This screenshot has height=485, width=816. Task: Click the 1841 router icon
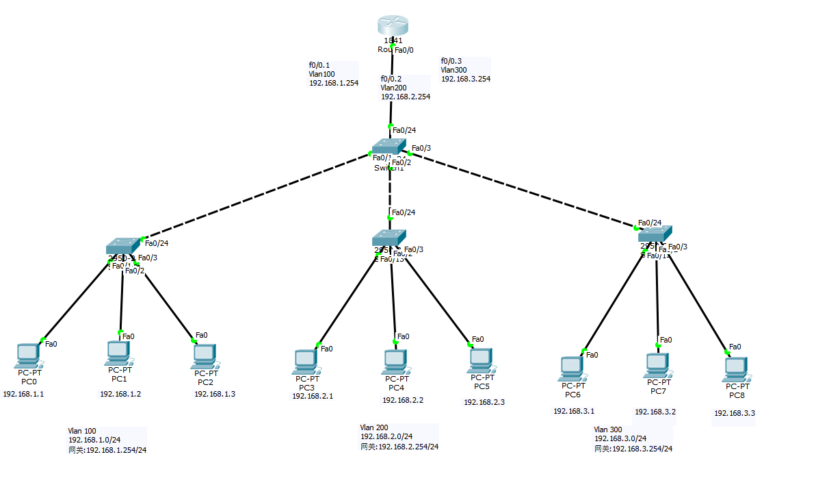click(393, 26)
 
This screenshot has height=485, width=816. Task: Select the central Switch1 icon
click(389, 147)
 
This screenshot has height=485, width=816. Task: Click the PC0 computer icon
click(27, 355)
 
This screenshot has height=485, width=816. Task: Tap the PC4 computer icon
click(393, 361)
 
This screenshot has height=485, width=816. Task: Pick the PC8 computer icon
click(735, 369)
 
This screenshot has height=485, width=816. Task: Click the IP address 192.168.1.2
click(120, 394)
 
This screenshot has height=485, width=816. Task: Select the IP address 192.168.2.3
click(484, 402)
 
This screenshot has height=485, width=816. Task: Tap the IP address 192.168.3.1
click(574, 411)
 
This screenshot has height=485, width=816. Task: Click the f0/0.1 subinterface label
click(319, 66)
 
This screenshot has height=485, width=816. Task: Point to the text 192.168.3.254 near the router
click(465, 79)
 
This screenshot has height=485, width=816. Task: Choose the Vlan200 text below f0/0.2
click(395, 88)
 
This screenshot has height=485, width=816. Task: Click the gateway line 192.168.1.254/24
click(107, 450)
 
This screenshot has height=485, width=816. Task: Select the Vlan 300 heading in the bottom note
click(608, 430)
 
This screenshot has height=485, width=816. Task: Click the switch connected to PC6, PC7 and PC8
click(655, 234)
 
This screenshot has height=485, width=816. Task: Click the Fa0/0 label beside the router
click(404, 49)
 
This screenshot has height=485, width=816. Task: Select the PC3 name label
click(306, 387)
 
